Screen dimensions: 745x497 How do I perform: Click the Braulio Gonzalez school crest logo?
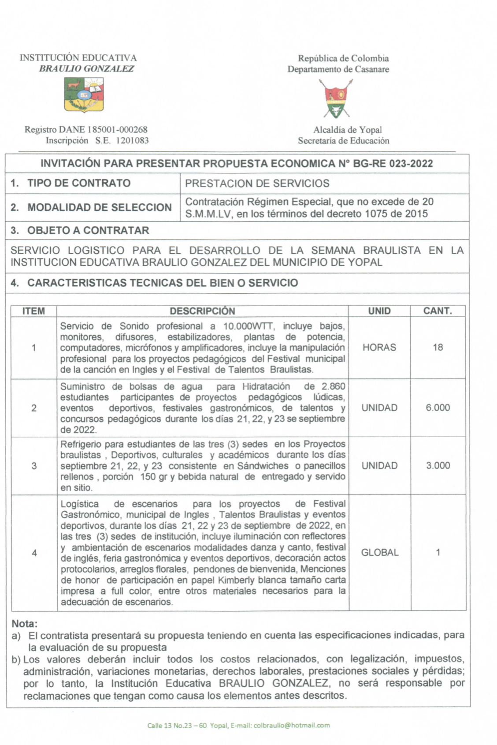tap(84, 94)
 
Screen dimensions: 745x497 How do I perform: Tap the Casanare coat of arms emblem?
tap(336, 99)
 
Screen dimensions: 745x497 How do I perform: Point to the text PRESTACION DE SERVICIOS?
tap(257, 183)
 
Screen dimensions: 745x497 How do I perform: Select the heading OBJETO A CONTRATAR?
tap(88, 230)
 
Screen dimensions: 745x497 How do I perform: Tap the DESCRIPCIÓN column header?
tap(202, 311)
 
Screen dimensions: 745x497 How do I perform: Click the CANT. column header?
tap(438, 311)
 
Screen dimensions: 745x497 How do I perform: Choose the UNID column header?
tap(379, 311)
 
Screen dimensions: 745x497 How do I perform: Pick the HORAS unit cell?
tap(379, 348)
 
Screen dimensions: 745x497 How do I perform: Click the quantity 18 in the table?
tap(438, 348)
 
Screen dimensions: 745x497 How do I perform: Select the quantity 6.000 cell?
tap(438, 408)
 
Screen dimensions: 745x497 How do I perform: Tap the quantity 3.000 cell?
tap(438, 466)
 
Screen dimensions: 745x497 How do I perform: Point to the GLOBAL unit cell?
tap(379, 553)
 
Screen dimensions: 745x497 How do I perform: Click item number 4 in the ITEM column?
tap(34, 553)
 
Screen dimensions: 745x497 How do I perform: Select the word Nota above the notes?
tap(24, 624)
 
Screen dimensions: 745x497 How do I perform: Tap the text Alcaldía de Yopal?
tap(347, 130)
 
